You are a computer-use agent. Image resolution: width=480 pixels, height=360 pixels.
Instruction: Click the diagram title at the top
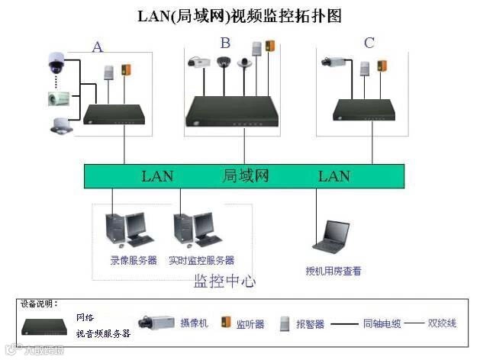[x=240, y=15]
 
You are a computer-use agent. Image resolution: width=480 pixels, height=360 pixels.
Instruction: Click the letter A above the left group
[x=98, y=47]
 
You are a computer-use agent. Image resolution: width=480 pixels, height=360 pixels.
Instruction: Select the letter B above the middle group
[x=225, y=43]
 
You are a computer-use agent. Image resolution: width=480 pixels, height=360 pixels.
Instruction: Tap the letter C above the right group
[x=369, y=43]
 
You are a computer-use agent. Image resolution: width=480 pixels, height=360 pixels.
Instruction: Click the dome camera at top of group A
[x=56, y=63]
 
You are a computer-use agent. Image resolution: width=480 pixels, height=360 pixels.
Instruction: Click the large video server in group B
[x=232, y=111]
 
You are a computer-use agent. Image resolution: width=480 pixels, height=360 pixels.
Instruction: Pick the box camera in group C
[x=334, y=59]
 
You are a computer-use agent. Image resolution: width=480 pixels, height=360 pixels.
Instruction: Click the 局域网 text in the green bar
[x=246, y=176]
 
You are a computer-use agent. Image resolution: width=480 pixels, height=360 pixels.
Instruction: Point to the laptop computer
[x=334, y=236]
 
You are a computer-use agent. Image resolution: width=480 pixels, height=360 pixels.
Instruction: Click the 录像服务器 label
[x=134, y=261]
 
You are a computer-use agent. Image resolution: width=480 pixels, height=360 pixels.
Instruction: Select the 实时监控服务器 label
[x=201, y=261]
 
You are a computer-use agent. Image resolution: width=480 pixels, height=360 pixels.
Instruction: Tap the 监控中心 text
[x=225, y=281]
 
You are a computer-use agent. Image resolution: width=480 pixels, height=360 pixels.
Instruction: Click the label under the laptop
[x=333, y=271]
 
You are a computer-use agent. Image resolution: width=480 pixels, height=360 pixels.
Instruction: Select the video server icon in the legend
[x=46, y=326]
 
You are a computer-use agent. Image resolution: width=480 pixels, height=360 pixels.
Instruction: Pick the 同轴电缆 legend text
[x=382, y=323]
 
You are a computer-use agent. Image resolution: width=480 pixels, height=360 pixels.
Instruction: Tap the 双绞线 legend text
[x=442, y=323]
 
